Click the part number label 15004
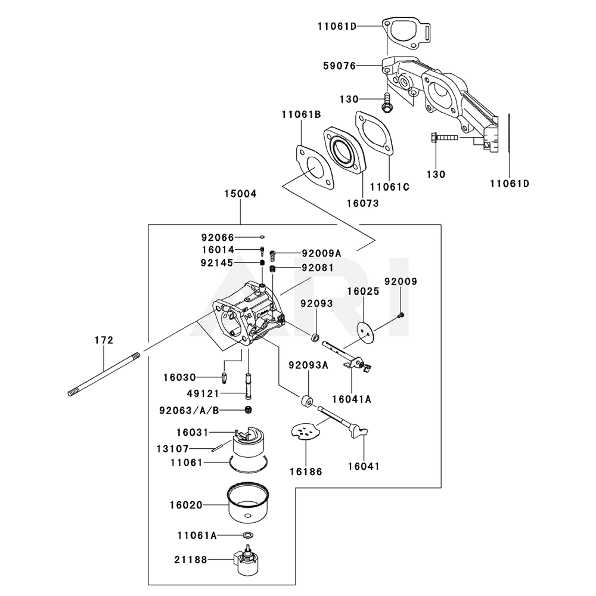pos(240,194)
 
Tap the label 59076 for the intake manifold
pos(340,66)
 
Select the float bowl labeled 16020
pos(249,504)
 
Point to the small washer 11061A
pos(248,535)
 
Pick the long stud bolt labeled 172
pos(104,375)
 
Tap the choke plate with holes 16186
pos(305,432)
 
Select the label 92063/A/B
pos(190,411)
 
